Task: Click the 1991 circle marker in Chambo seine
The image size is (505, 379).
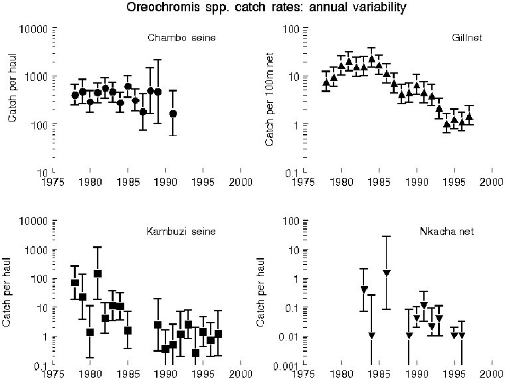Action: [x=173, y=114]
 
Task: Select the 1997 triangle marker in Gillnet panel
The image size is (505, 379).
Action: [x=469, y=116]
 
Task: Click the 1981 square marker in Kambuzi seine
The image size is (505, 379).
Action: [x=98, y=273]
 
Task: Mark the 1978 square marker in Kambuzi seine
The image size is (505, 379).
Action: [x=75, y=283]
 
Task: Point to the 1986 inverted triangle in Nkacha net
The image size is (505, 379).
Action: [x=387, y=273]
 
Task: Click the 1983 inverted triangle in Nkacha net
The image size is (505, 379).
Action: [x=364, y=289]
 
